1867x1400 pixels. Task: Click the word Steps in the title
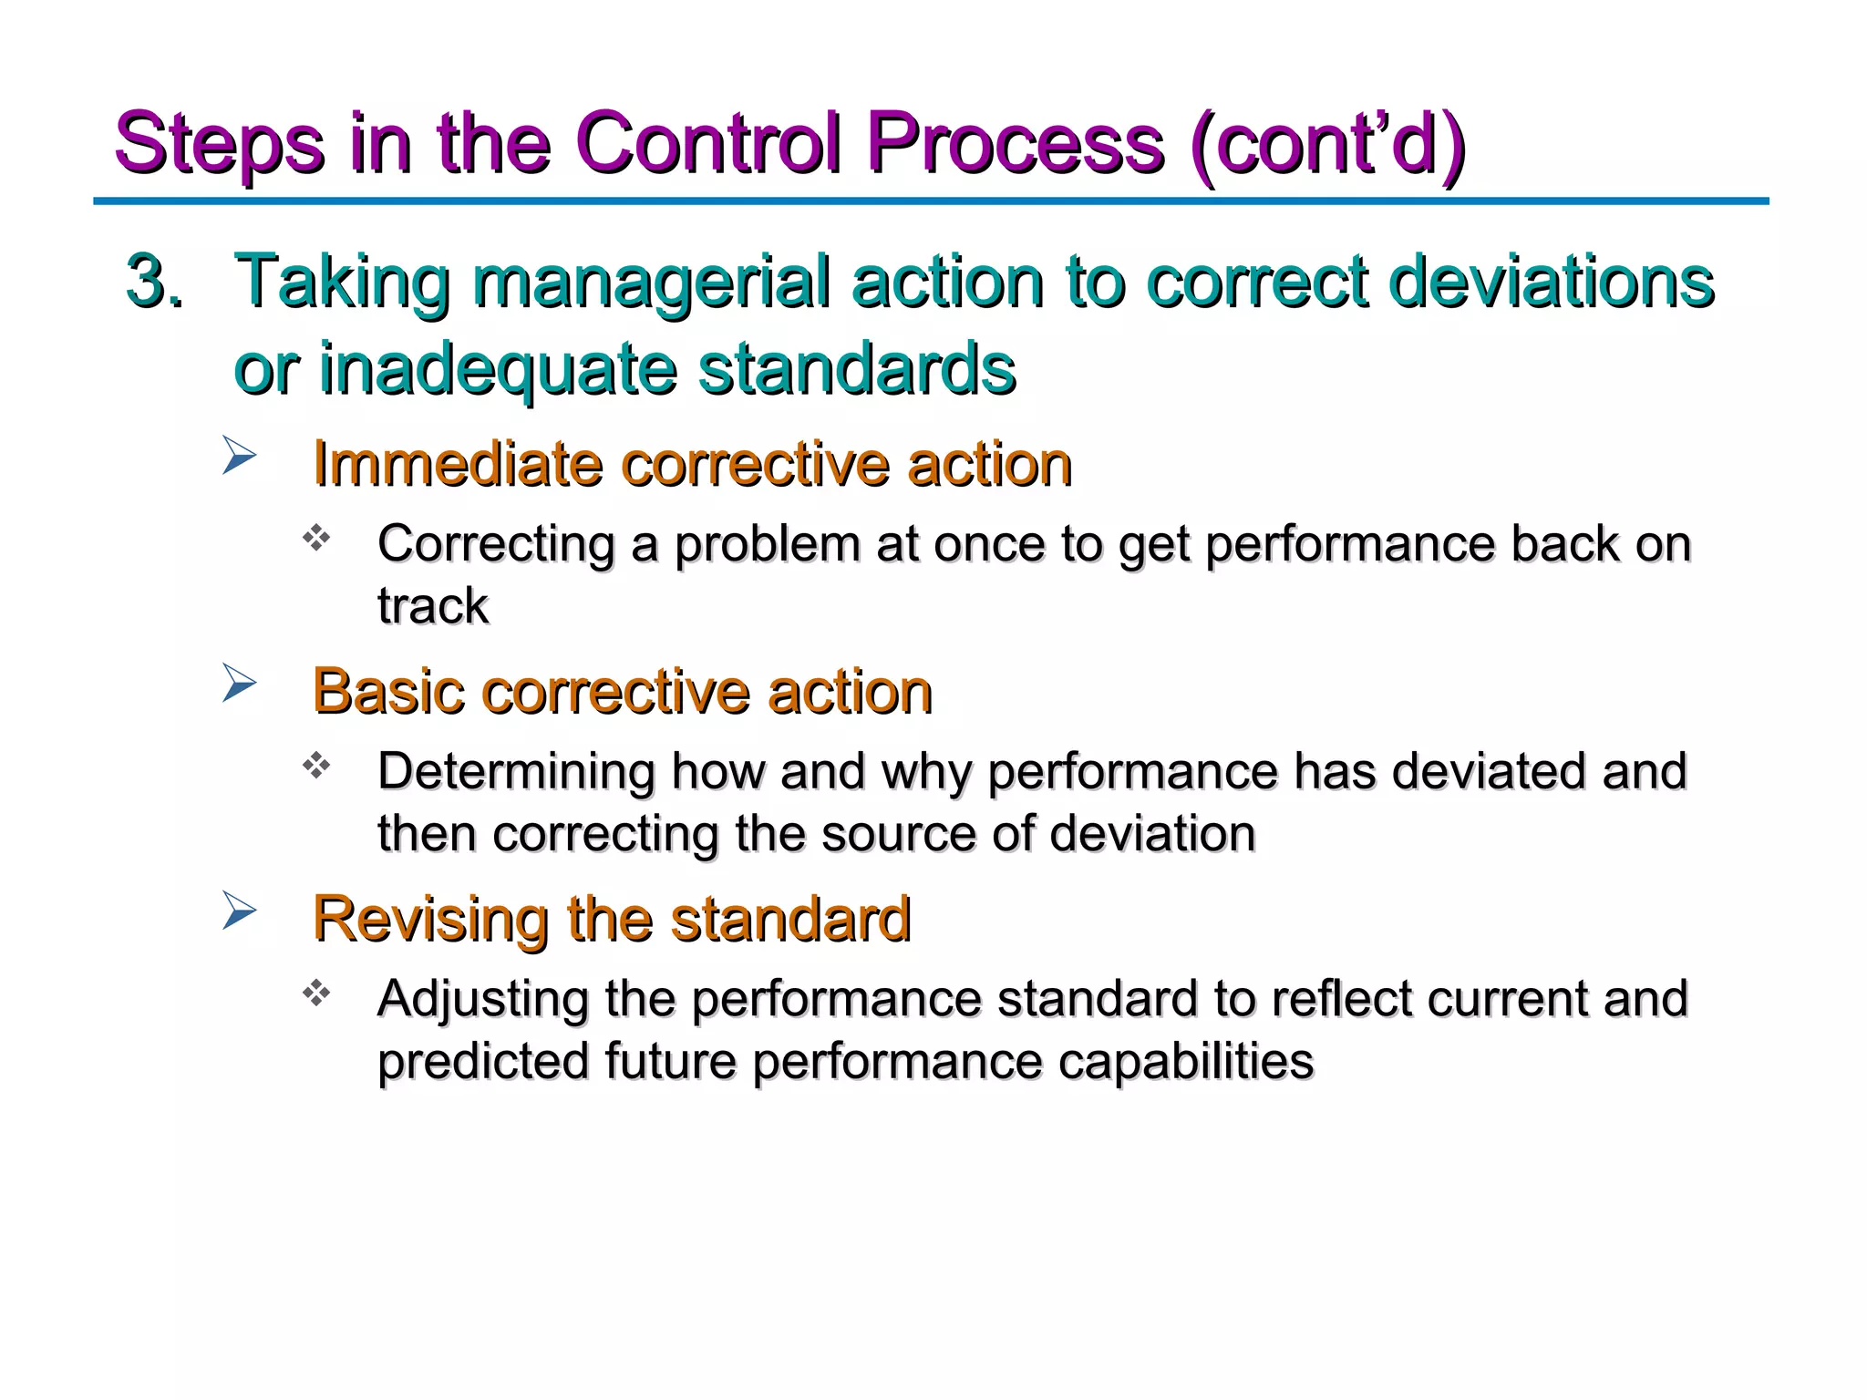219,144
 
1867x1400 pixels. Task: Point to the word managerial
651,281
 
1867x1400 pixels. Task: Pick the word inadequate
497,368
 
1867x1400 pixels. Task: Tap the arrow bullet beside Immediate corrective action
239,456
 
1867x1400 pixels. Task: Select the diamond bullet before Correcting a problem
316,538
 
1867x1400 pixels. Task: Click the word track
433,606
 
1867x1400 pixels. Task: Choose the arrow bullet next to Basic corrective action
239,684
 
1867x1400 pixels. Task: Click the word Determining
516,771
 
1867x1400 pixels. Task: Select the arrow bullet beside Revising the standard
239,911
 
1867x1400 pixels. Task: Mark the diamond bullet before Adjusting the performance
316,993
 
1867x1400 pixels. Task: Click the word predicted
483,1061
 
